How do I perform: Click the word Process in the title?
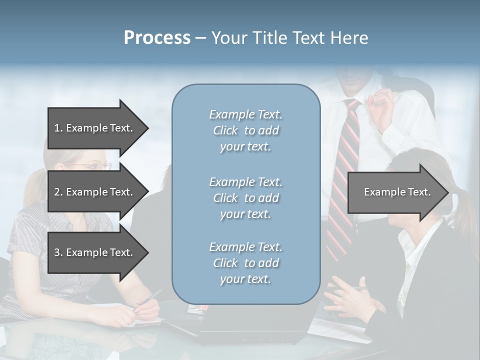157,38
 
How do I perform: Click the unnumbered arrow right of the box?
397,192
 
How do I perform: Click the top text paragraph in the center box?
245,130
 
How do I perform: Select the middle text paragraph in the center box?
245,197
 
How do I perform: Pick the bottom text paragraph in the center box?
245,263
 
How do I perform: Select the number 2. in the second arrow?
58,192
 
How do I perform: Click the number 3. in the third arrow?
58,252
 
